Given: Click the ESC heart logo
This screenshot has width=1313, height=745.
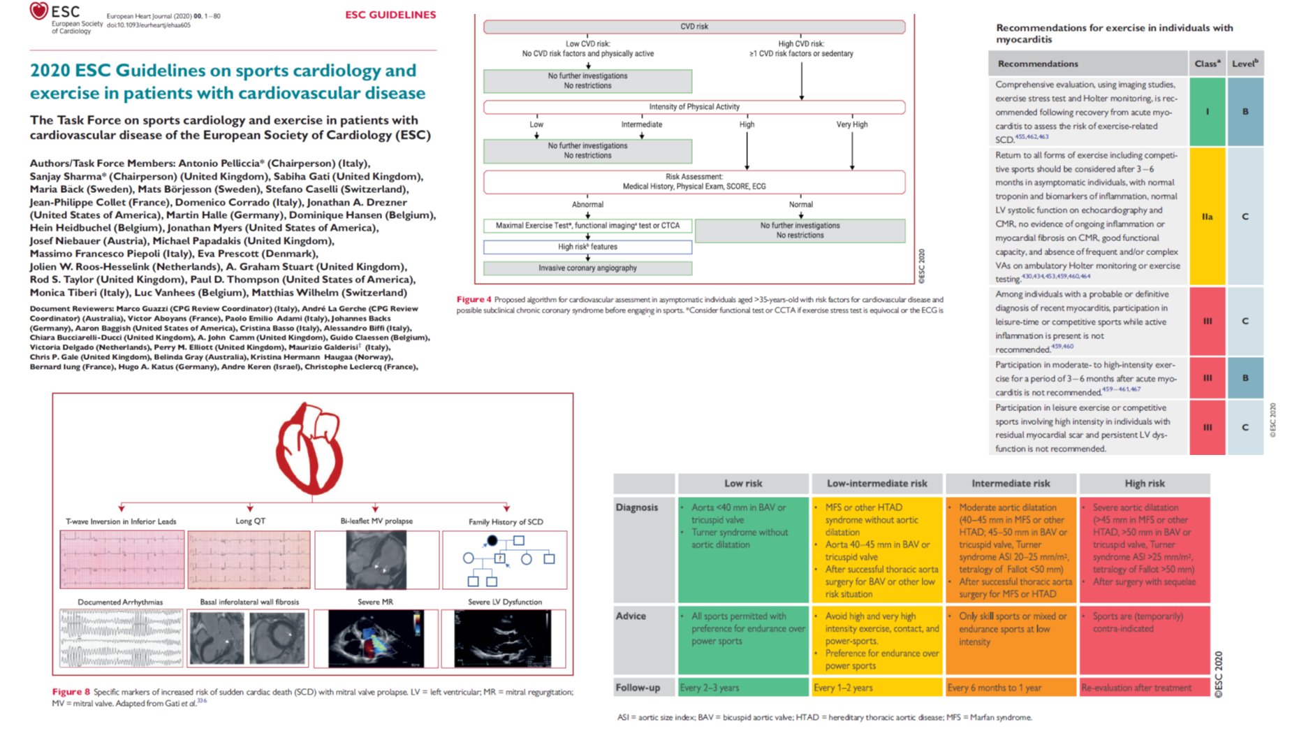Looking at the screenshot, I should (39, 11).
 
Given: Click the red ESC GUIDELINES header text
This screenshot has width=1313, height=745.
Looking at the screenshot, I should (390, 15).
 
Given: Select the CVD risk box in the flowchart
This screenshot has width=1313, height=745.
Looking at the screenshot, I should (694, 27).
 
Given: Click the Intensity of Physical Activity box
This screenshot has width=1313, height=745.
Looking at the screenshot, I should (694, 107).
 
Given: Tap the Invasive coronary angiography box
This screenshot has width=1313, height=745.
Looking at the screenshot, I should (587, 268).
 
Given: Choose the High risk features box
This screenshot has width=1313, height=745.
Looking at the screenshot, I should (587, 247).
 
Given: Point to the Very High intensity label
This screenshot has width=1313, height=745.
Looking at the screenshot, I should (851, 124).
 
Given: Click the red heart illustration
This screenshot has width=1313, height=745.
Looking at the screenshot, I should (310, 448).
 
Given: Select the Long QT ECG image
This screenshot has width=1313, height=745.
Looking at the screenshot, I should (249, 560).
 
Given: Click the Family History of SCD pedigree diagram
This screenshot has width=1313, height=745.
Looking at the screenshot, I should (505, 560).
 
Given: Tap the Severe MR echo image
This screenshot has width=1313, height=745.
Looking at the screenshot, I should (376, 639).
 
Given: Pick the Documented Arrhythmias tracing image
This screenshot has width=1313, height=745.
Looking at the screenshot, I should (121, 638).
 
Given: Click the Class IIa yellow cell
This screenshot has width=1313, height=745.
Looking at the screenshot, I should (1207, 217).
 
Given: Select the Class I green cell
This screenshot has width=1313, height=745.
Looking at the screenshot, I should (1207, 112).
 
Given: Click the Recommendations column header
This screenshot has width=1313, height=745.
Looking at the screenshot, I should (1038, 64).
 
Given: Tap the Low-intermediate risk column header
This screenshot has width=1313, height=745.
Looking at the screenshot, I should (877, 484).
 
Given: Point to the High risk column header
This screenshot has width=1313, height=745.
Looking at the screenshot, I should (1144, 484).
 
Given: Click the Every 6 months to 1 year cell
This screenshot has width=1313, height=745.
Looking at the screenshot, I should (1010, 688).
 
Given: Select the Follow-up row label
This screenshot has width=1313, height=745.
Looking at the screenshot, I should (638, 688).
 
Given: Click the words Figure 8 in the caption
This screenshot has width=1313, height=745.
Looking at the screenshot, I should (71, 692).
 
